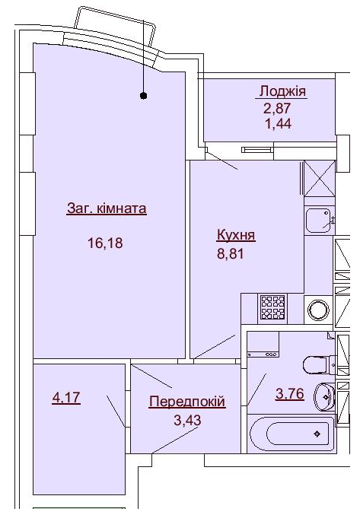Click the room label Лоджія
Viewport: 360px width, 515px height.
[x=282, y=92]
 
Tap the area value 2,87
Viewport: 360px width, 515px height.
[x=277, y=107]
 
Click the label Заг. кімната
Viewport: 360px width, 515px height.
[x=107, y=208]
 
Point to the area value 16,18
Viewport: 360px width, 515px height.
[x=106, y=243]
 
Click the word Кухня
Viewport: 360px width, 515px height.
[x=235, y=236]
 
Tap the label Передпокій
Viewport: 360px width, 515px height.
[x=187, y=401]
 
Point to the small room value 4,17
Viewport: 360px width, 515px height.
[x=65, y=396]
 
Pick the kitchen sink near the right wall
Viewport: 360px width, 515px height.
[x=319, y=220]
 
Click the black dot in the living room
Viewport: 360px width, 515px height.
[x=143, y=96]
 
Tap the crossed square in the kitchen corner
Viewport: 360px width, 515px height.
[x=320, y=180]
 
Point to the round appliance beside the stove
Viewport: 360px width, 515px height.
[x=318, y=308]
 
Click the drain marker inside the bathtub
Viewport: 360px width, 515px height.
[x=317, y=434]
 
